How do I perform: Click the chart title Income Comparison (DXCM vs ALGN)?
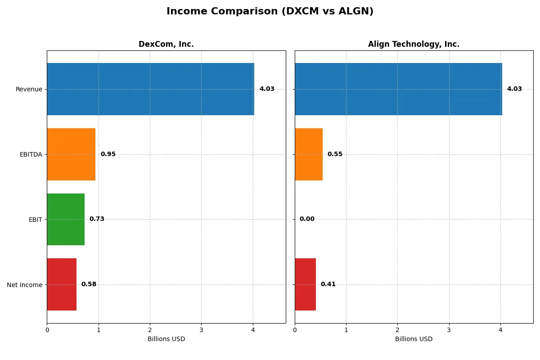270,12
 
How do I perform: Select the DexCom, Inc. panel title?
166,45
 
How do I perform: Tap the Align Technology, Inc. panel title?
414,45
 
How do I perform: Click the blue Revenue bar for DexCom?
150,89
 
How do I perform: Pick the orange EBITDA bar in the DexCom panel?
71,154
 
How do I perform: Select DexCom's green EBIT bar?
66,219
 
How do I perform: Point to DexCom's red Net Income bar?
62,284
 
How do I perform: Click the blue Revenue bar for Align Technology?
398,89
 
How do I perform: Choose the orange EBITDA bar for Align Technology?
309,154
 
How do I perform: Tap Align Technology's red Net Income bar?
305,284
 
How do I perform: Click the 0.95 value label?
108,154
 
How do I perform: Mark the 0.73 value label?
97,219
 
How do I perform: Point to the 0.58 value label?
89,284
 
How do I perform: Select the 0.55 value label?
335,154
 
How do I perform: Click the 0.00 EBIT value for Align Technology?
307,219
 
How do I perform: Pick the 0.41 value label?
328,284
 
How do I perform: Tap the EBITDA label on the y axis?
31,154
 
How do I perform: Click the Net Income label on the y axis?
25,285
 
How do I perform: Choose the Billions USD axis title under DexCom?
166,339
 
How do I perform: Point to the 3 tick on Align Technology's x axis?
449,330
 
